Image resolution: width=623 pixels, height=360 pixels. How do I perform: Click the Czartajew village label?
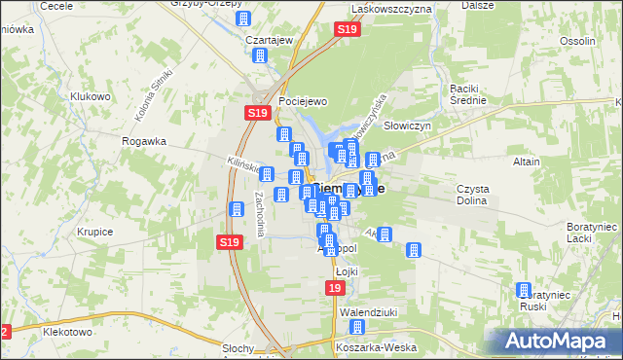270,40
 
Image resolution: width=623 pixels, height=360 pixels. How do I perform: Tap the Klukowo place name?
91,97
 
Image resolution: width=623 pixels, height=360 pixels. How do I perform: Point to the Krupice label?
92,232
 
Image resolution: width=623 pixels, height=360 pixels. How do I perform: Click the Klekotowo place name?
67,331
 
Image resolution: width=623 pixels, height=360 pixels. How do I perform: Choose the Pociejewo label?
301,101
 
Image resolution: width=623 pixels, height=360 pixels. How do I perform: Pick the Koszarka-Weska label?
369,346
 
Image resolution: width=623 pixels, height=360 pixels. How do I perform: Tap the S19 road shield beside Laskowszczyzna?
348,31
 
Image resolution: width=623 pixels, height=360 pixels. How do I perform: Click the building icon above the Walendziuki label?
357,328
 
